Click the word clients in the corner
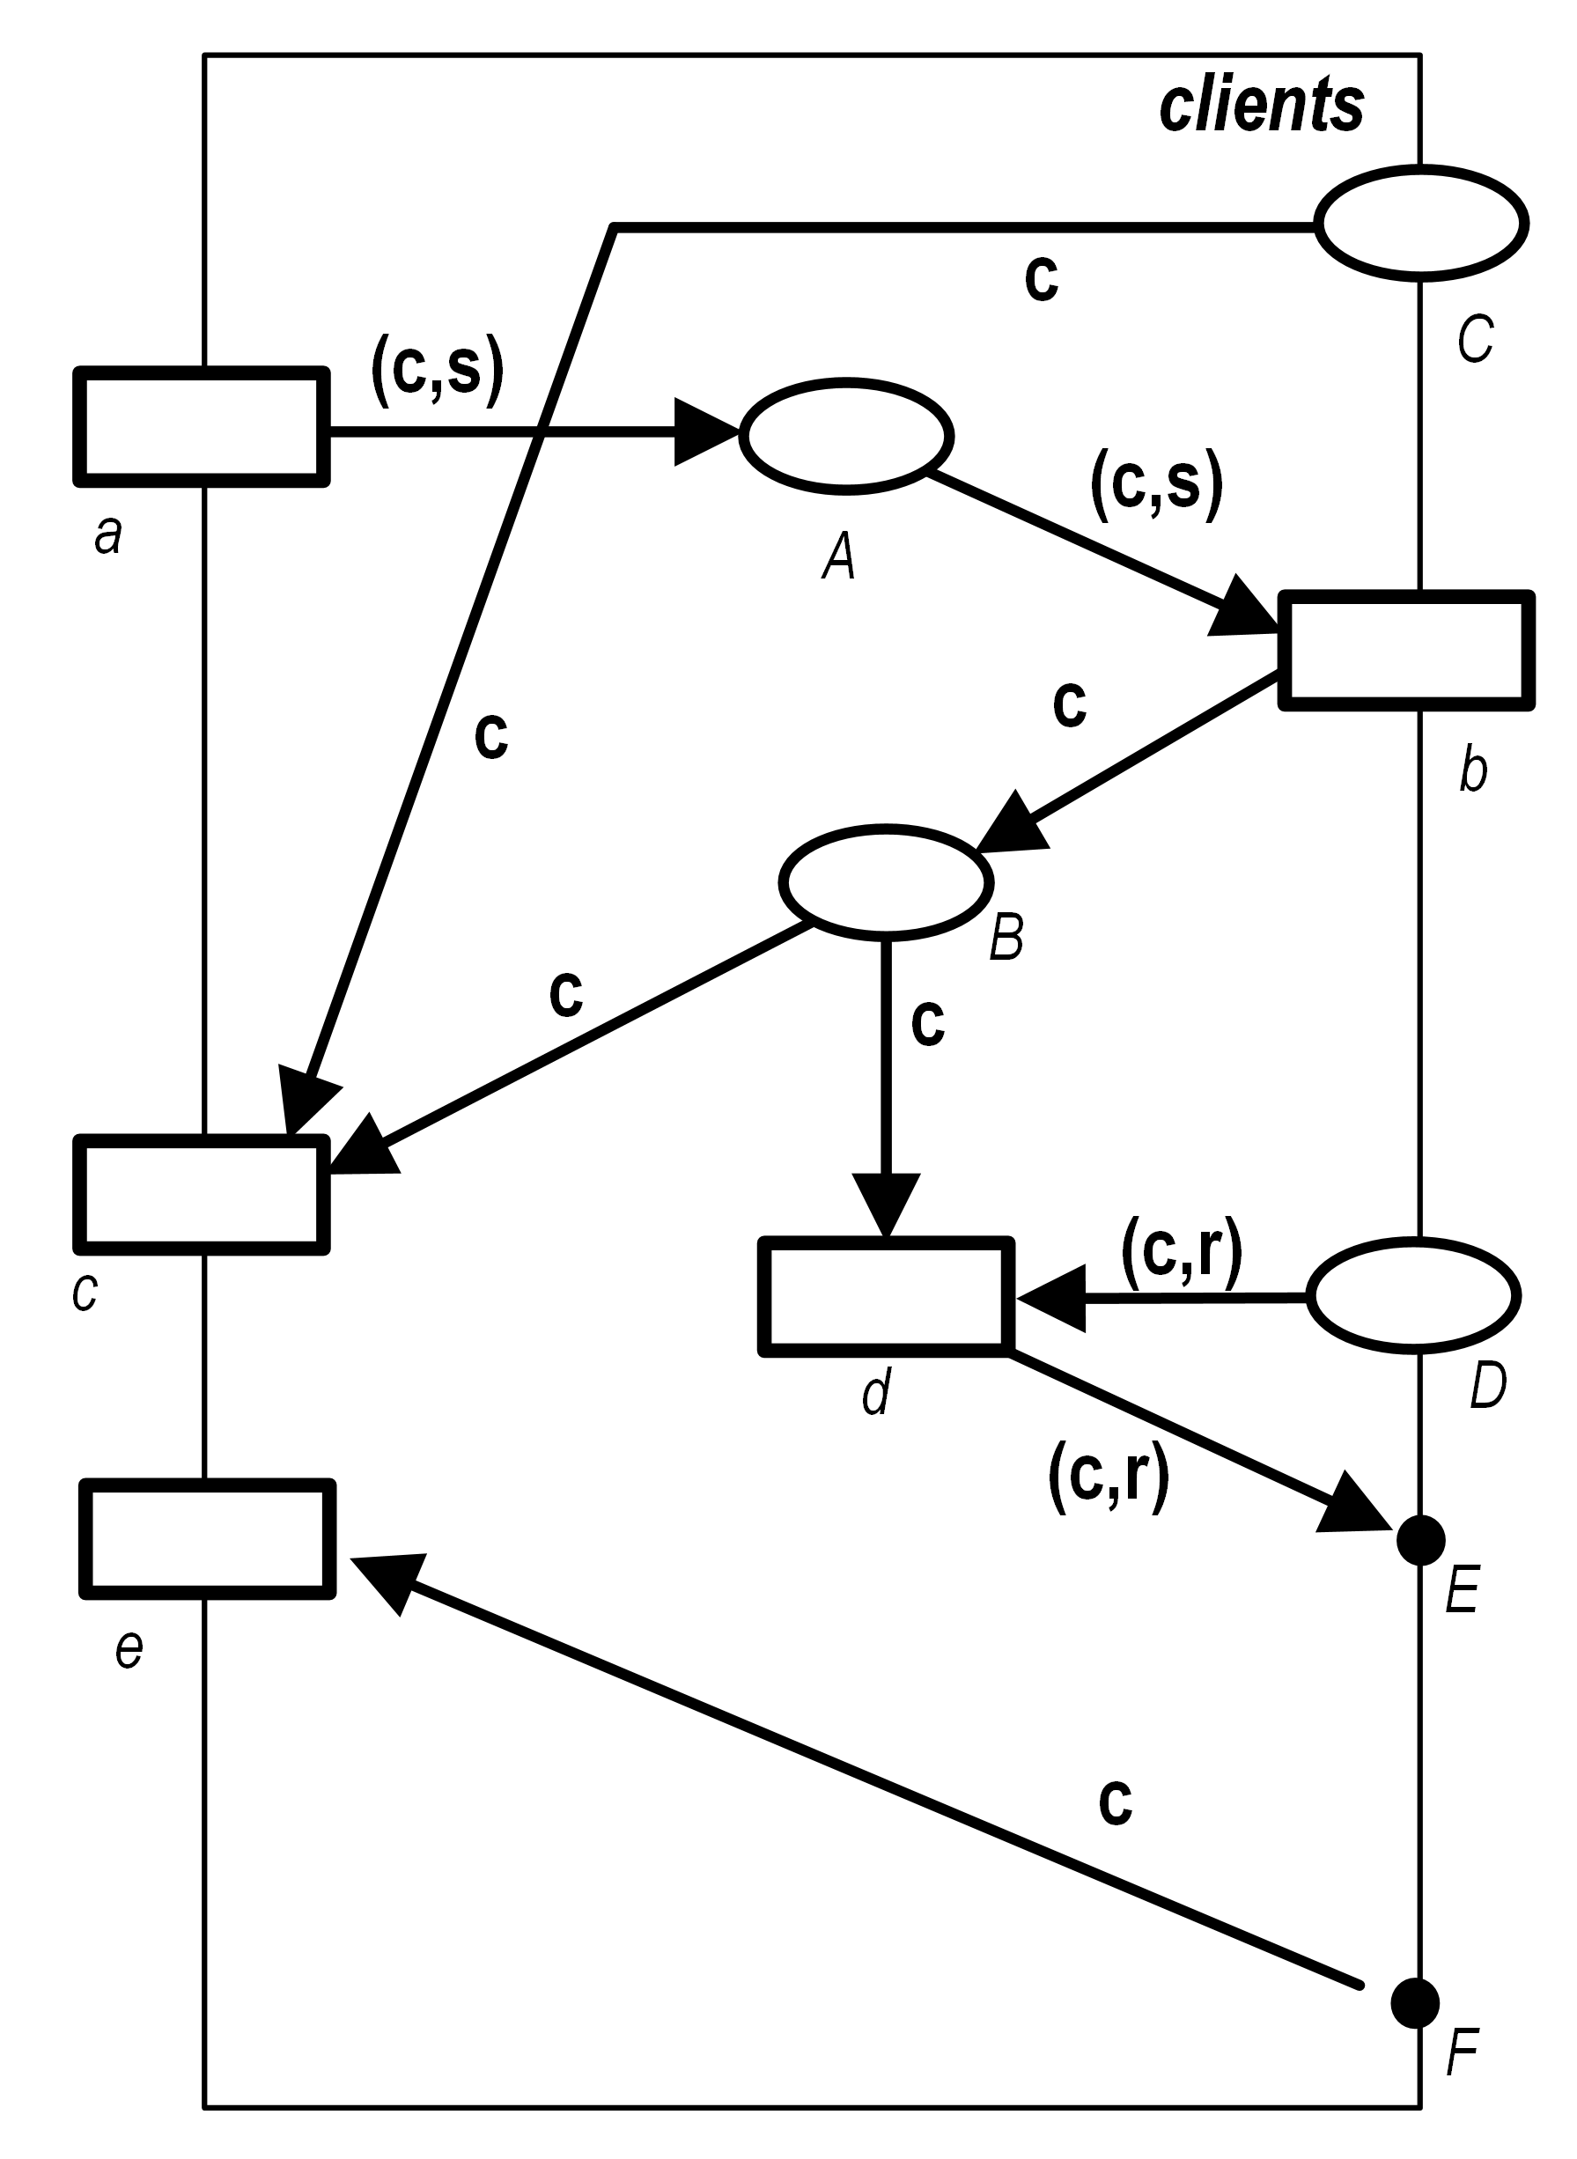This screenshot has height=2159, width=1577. (1261, 105)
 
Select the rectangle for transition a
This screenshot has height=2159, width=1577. (202, 427)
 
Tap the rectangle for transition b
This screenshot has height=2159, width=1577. (1406, 651)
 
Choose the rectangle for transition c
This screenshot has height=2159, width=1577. (202, 1194)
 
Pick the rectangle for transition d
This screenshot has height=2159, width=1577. (886, 1296)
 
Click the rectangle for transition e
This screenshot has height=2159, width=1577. (207, 1538)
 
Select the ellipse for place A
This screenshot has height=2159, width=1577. (846, 436)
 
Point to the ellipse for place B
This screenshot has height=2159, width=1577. (886, 882)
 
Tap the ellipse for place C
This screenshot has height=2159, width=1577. (1421, 223)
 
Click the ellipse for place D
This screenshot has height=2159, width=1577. (1413, 1295)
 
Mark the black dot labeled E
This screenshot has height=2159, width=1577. (1420, 1539)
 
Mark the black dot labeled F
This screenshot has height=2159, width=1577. (1415, 2001)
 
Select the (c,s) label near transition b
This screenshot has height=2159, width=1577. (1156, 484)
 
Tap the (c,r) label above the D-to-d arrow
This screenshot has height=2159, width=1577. (1182, 1252)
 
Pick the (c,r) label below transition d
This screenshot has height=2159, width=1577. (1109, 1477)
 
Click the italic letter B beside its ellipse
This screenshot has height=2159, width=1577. (1006, 937)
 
